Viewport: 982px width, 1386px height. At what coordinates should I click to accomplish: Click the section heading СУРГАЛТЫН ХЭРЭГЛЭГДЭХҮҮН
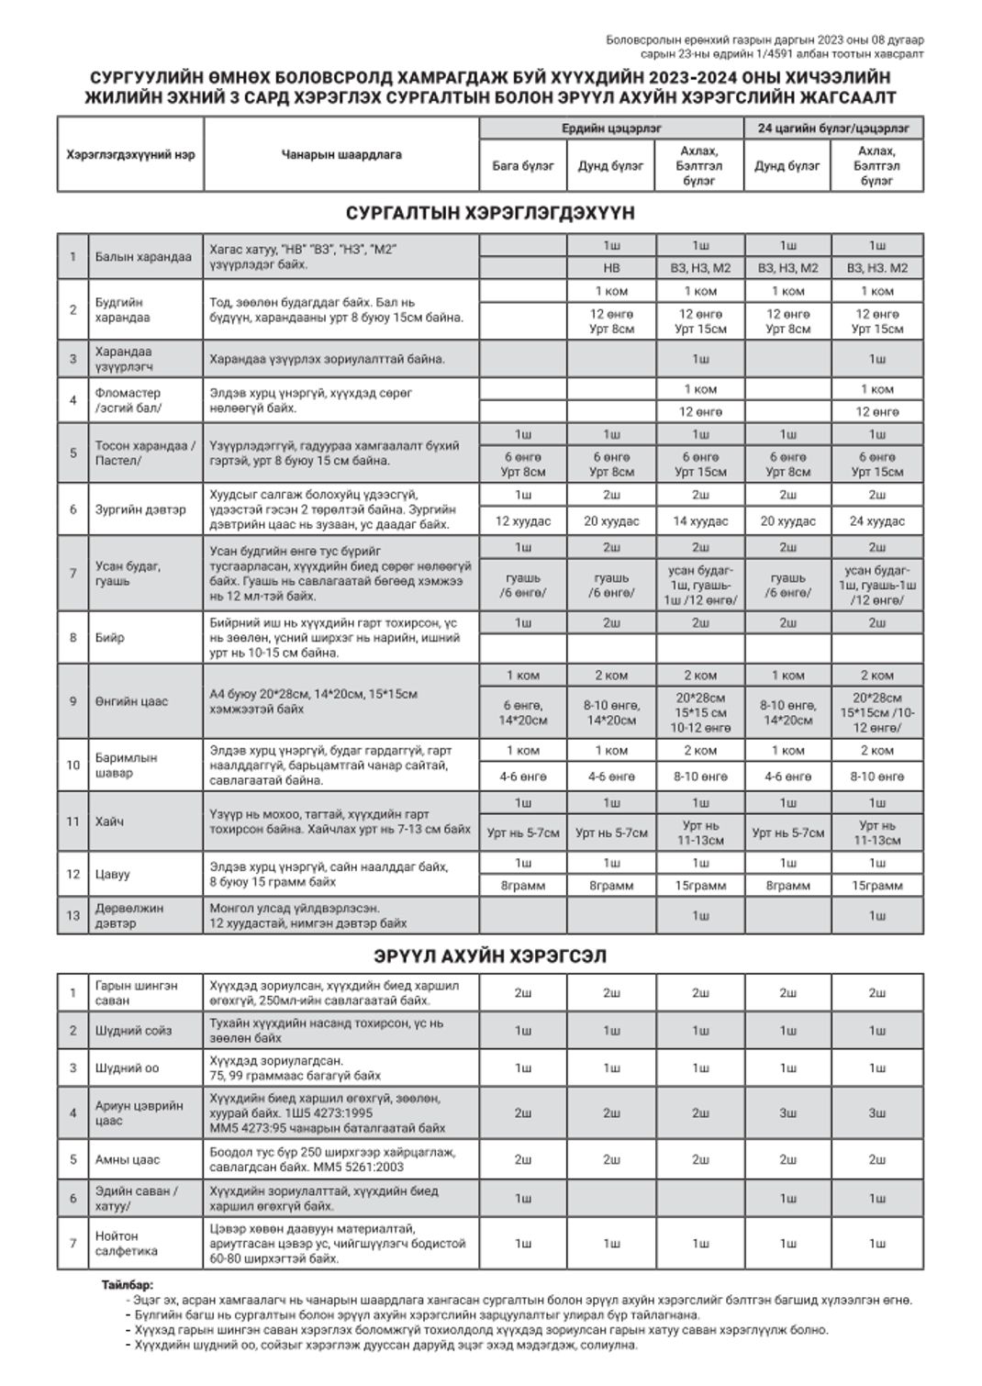[490, 213]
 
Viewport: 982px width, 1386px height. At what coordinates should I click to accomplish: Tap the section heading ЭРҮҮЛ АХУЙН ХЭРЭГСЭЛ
[490, 956]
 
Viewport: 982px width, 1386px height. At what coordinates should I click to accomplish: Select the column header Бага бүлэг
[523, 166]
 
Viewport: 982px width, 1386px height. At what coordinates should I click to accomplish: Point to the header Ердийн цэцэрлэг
[611, 129]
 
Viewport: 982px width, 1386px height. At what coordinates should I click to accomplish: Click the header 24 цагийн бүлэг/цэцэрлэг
[833, 129]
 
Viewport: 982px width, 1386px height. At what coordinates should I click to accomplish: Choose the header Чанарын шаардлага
[341, 155]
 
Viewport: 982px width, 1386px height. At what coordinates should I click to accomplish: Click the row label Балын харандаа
[143, 257]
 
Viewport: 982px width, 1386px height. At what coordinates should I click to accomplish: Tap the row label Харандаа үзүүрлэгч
[124, 359]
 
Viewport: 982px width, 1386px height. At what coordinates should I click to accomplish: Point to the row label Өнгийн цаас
[131, 701]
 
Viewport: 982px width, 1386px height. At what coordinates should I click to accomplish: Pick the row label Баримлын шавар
[126, 766]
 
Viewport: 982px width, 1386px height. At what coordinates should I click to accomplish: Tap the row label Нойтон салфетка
[126, 1244]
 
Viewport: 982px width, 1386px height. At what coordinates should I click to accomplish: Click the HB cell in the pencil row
[611, 268]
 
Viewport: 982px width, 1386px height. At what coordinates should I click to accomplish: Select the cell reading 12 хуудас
[523, 521]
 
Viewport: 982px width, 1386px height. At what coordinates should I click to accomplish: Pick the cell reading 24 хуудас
[876, 521]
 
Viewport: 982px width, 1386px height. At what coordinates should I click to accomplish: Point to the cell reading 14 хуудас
[700, 521]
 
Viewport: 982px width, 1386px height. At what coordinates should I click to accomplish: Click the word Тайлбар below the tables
[128, 1285]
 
